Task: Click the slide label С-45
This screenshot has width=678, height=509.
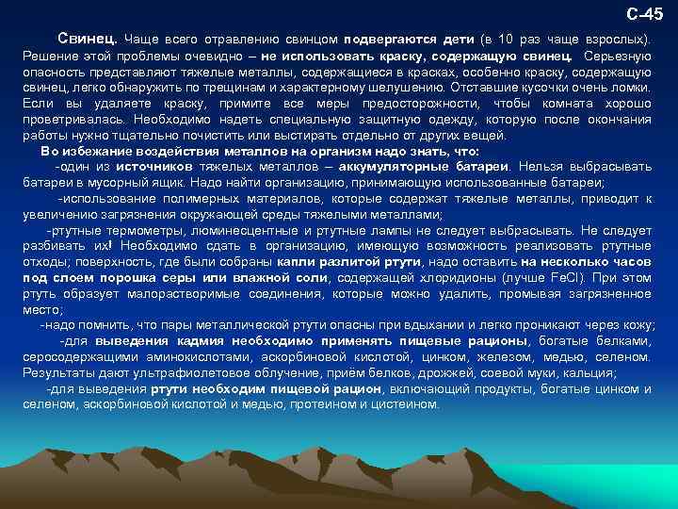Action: click(x=645, y=14)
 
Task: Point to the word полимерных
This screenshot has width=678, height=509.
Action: click(x=190, y=199)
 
